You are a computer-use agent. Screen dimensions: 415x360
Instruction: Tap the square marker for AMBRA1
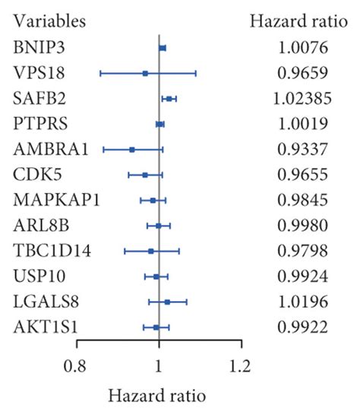click(x=132, y=150)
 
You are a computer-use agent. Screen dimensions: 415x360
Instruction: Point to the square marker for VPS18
click(x=145, y=73)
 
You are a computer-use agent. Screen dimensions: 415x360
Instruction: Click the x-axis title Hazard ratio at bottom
click(x=158, y=395)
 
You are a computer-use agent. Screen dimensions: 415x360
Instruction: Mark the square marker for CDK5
click(x=145, y=175)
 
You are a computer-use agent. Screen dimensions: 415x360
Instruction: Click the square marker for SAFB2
click(x=169, y=99)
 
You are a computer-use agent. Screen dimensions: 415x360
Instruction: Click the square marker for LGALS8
click(x=167, y=302)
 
